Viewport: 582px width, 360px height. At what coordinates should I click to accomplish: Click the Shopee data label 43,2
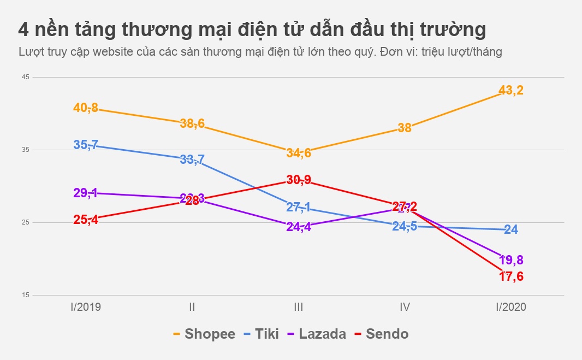point(511,90)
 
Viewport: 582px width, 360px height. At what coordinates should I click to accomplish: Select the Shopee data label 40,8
point(86,108)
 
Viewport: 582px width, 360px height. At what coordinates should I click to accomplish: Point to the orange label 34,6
point(299,153)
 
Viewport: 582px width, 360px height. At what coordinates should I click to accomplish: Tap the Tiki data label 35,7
point(86,145)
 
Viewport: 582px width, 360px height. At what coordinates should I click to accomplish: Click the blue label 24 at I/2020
point(511,229)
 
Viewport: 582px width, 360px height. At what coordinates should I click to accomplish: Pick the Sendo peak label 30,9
point(299,180)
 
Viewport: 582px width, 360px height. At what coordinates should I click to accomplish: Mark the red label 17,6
point(511,276)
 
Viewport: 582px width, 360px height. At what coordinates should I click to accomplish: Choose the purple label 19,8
point(511,260)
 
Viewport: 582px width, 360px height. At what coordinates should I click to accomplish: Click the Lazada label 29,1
point(86,193)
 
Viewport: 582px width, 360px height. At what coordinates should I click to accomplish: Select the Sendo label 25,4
point(86,220)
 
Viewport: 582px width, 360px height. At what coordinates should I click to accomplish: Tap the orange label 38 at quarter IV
point(405,128)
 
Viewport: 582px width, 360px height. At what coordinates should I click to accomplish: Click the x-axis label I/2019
point(86,307)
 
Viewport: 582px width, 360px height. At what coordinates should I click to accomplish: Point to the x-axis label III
point(298,307)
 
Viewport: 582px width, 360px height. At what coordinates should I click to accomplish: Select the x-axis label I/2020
point(510,307)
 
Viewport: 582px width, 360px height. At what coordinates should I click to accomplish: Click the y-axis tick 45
point(26,77)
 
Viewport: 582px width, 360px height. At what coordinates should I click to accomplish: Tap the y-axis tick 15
point(26,295)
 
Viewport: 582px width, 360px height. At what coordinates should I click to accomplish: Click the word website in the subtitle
point(114,52)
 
